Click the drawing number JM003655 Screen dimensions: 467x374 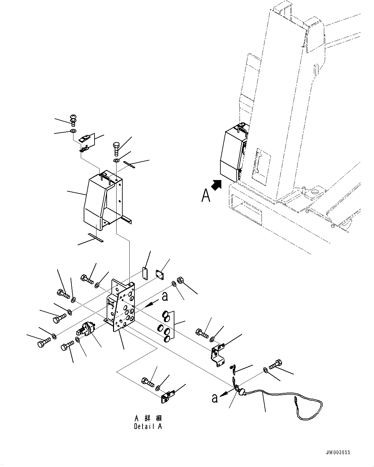tap(338, 452)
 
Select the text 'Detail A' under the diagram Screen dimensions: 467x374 tap(148, 427)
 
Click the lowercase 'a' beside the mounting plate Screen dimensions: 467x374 tap(165, 297)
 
